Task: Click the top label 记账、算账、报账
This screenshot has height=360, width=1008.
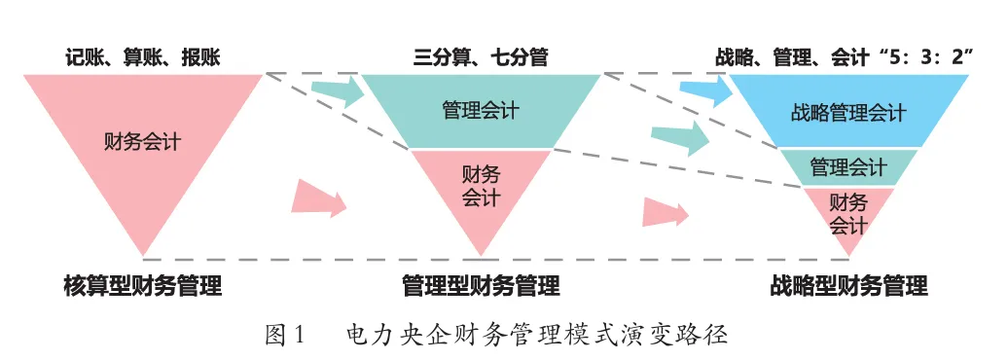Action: point(143,57)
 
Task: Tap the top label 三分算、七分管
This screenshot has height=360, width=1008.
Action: point(481,57)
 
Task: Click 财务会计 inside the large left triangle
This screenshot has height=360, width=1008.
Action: point(142,141)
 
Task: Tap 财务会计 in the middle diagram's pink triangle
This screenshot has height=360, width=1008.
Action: point(481,186)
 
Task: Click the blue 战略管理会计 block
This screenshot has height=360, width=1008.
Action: point(848,113)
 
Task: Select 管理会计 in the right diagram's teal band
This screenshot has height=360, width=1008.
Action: point(848,167)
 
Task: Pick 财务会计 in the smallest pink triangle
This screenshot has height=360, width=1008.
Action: point(847,214)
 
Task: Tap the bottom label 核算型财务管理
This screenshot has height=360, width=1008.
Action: point(143,286)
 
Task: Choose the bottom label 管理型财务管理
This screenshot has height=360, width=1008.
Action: point(481,286)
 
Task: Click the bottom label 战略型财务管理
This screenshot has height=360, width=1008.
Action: point(848,286)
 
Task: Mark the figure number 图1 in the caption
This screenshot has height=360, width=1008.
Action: point(285,336)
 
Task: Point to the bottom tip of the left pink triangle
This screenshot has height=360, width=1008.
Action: point(143,256)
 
